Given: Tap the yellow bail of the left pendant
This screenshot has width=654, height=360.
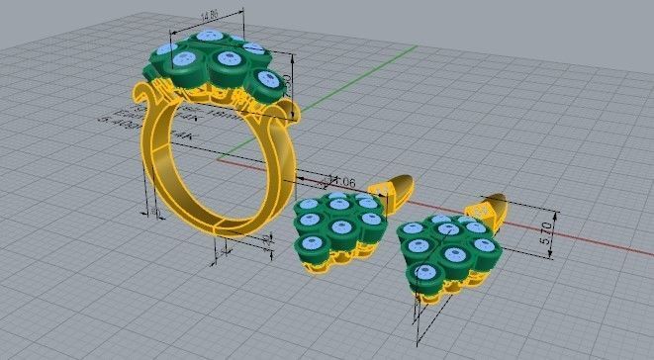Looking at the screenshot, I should pos(393,192).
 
